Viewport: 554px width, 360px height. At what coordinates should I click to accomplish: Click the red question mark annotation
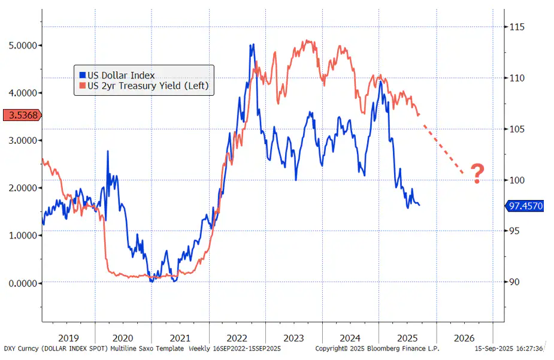click(x=477, y=173)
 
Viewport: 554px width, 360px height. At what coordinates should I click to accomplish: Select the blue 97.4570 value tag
click(x=525, y=206)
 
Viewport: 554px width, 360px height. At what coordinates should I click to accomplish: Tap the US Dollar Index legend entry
click(x=121, y=75)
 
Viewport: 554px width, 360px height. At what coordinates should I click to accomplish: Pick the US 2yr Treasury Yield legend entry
click(x=147, y=86)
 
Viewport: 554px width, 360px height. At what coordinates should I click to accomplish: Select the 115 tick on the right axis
click(x=517, y=27)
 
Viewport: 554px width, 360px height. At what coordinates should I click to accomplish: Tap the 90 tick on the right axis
click(x=514, y=282)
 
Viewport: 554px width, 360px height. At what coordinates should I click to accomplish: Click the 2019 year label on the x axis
click(x=68, y=338)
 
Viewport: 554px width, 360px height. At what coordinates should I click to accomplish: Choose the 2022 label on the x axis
click(x=237, y=338)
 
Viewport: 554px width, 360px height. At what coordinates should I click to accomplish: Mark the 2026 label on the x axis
click(x=464, y=338)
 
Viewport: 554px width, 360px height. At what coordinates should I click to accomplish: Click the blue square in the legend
click(x=83, y=75)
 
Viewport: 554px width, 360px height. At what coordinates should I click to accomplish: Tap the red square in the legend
click(x=83, y=86)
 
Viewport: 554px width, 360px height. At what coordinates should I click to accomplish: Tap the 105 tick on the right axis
click(x=517, y=129)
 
